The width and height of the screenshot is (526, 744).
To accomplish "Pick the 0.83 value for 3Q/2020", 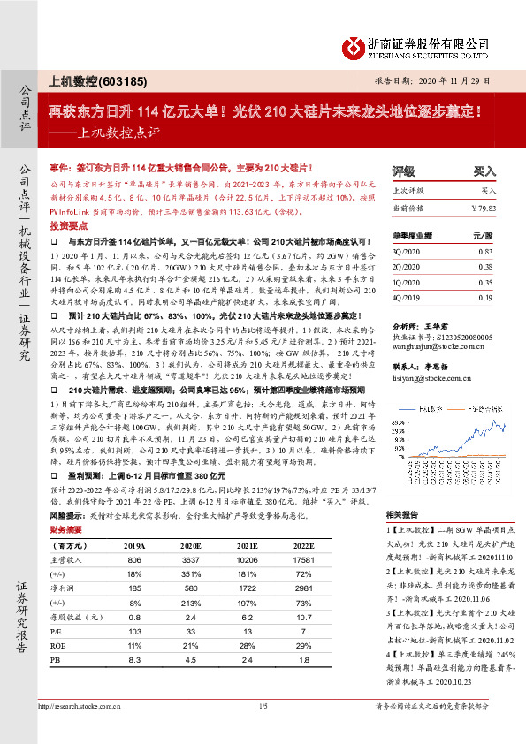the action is click(484, 252).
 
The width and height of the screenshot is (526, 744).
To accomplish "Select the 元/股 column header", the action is click(482, 236).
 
